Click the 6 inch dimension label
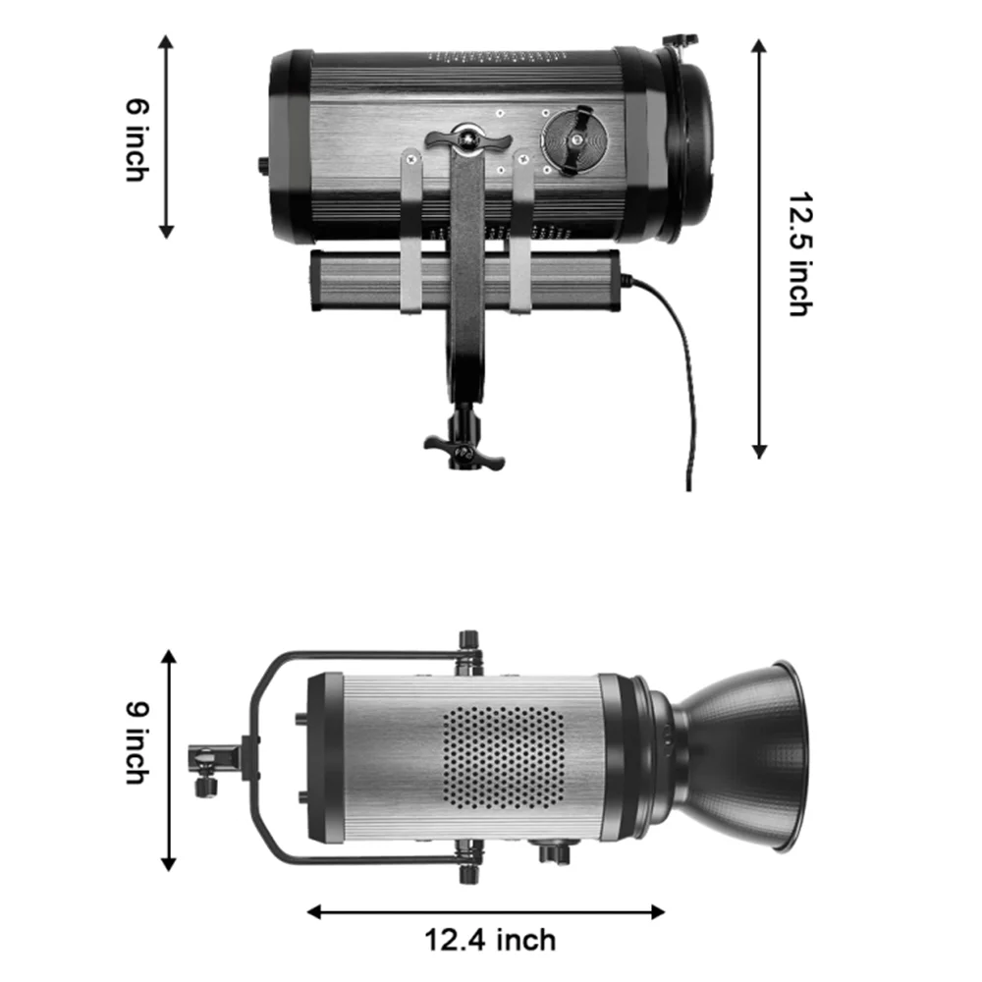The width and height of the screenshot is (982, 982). (x=137, y=139)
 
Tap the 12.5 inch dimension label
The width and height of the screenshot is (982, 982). (x=799, y=253)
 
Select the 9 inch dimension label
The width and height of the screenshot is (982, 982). (x=137, y=742)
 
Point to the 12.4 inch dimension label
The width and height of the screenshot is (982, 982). (x=490, y=940)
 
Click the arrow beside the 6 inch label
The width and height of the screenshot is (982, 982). (x=166, y=136)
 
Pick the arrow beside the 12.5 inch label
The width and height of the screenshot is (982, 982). (x=759, y=248)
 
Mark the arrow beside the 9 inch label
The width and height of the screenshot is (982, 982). (x=169, y=760)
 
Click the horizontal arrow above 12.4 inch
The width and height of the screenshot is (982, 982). (x=486, y=912)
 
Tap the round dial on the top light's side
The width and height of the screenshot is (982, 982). (x=574, y=140)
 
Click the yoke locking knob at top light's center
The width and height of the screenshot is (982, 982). (x=467, y=139)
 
